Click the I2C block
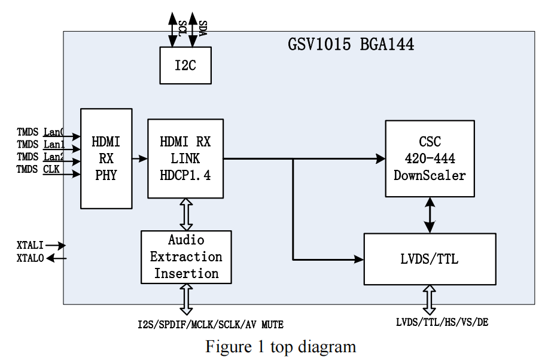[x=185, y=65]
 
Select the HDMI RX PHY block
[x=106, y=158]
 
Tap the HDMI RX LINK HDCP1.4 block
[x=185, y=158]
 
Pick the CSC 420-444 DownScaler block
[x=430, y=158]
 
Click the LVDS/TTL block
[x=430, y=259]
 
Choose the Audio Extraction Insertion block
[x=186, y=257]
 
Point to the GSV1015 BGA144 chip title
[x=351, y=45]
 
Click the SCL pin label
[x=182, y=29]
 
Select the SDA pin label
[x=202, y=28]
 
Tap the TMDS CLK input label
[x=38, y=170]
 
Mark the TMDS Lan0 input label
[x=40, y=132]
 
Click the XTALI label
[x=31, y=245]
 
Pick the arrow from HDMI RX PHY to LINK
[x=140, y=158]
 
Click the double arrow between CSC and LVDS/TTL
[x=430, y=215]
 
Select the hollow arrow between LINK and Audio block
[x=186, y=214]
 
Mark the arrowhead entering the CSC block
[x=380, y=158]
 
